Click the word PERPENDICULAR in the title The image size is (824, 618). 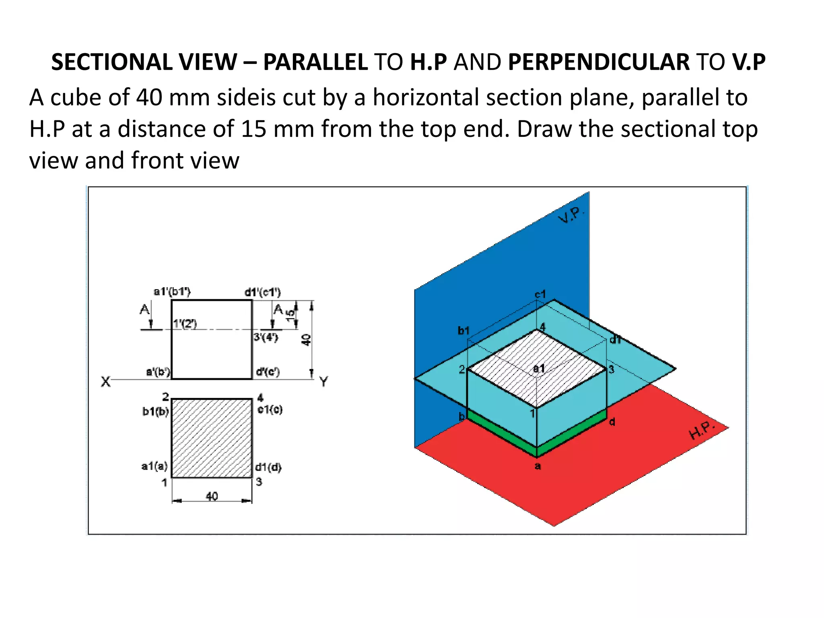[x=599, y=62]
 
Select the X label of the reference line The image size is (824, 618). [x=105, y=381]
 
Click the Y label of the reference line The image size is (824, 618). [x=323, y=381]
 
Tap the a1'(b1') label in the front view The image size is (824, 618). [x=172, y=292]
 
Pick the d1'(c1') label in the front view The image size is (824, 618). [x=263, y=292]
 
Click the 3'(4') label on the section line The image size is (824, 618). [x=266, y=337]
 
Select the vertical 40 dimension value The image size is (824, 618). [x=307, y=340]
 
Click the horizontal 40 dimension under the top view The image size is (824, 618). [x=212, y=496]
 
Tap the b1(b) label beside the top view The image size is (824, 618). [x=155, y=412]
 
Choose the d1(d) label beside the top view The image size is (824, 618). [x=268, y=467]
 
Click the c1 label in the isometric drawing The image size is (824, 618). [x=540, y=294]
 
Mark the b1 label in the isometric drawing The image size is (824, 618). [x=463, y=331]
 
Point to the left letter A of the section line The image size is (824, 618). [x=144, y=310]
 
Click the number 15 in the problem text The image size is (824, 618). [x=253, y=129]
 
